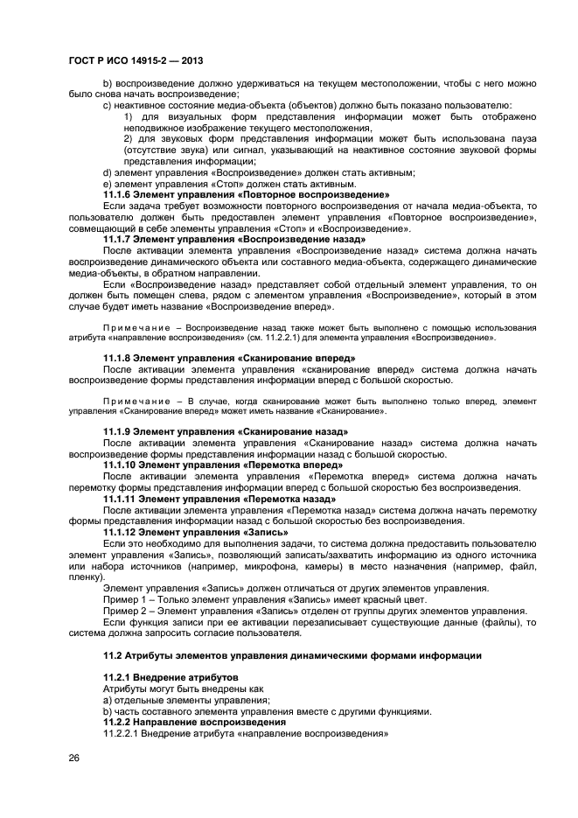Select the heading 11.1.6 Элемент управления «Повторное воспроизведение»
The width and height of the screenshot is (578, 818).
(246, 194)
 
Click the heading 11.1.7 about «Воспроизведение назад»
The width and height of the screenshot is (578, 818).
(234, 239)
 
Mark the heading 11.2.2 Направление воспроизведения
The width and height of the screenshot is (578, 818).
(194, 723)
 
